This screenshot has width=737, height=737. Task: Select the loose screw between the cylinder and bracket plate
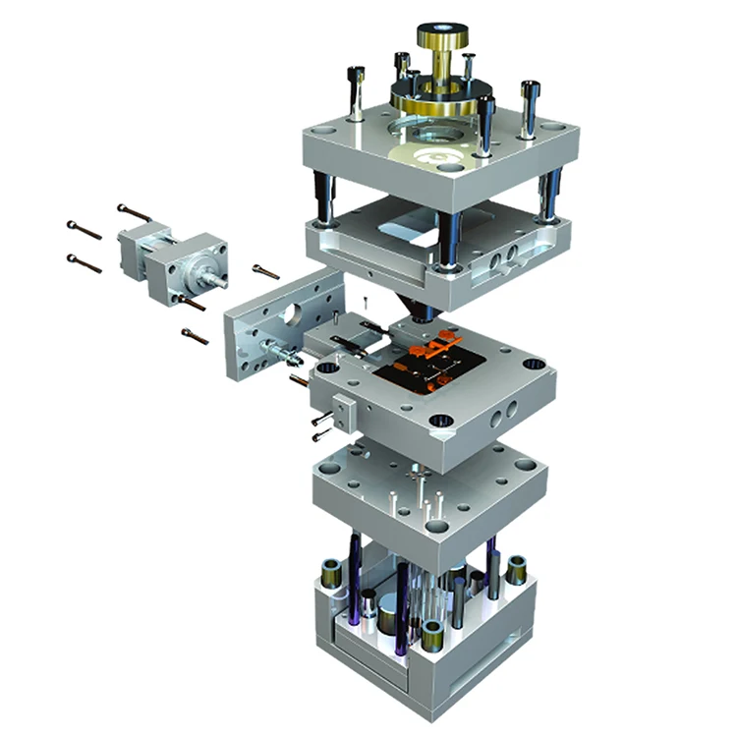pos(264,270)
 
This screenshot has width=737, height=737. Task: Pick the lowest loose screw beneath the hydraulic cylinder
pos(195,336)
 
